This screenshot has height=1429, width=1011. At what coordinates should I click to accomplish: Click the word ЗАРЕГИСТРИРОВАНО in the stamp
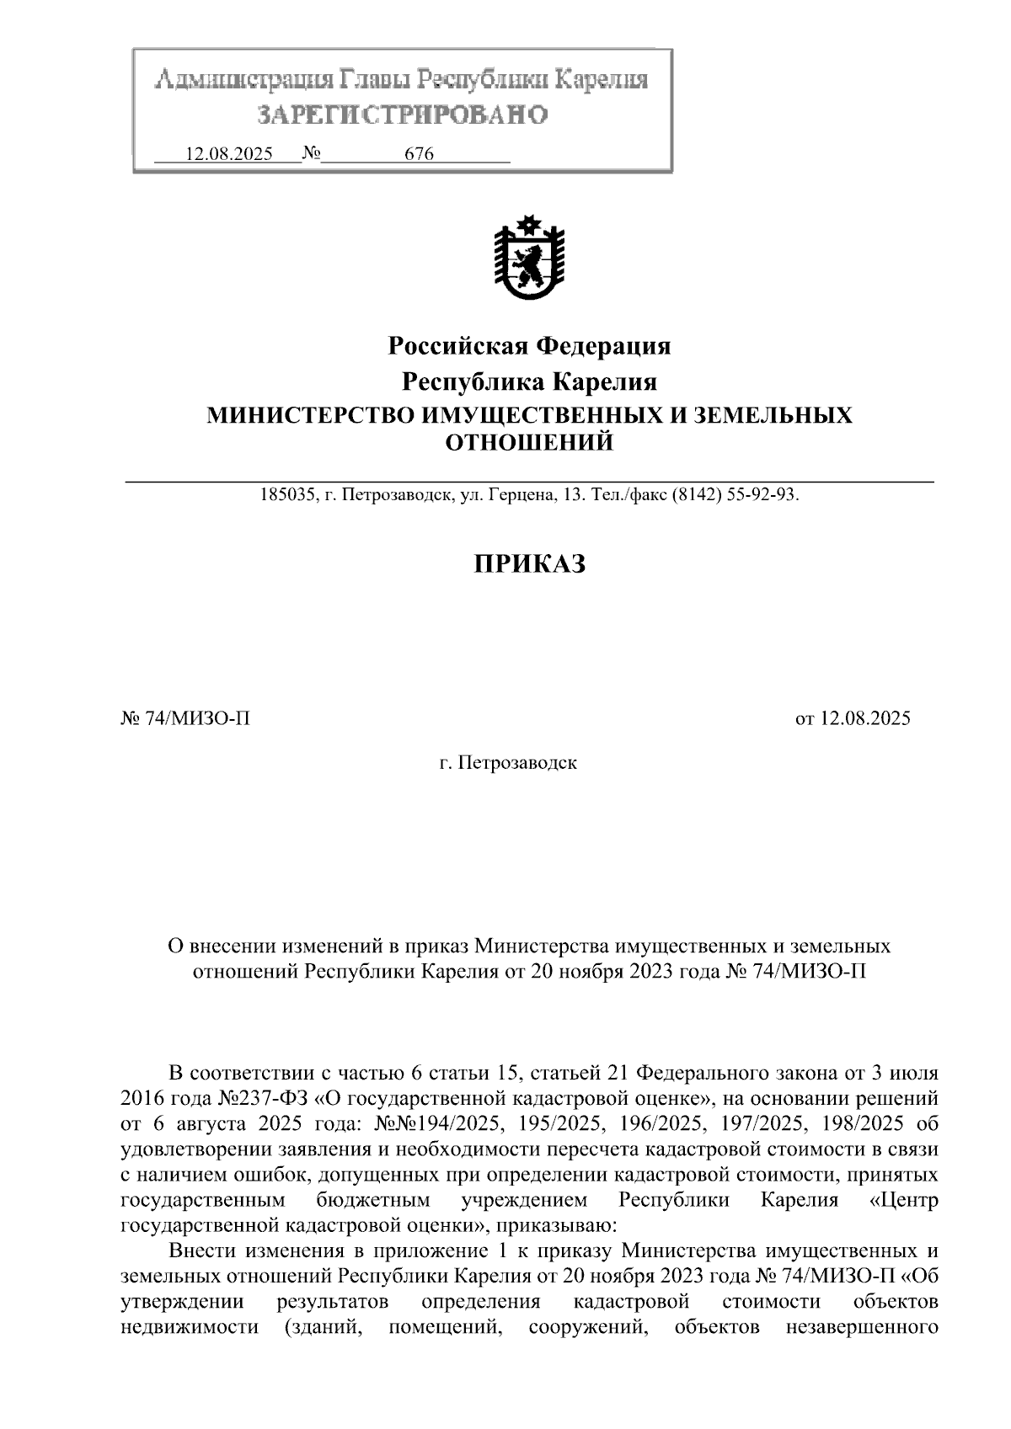(402, 115)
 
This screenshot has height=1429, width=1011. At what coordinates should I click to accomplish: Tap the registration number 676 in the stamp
(419, 155)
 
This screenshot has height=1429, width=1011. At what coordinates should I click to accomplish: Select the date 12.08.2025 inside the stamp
(228, 155)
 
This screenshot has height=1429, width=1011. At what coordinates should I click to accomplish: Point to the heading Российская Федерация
(528, 346)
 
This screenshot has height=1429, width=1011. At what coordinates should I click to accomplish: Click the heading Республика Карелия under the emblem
(528, 382)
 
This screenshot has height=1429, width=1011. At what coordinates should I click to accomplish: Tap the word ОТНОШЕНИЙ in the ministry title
(528, 442)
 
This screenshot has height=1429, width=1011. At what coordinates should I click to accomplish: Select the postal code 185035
(286, 495)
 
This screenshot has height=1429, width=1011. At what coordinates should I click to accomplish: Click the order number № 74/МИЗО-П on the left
(186, 718)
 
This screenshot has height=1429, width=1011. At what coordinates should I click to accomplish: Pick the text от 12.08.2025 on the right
(853, 718)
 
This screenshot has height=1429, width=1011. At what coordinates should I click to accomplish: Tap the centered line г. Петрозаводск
(508, 764)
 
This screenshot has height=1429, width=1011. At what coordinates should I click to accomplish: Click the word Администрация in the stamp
(243, 81)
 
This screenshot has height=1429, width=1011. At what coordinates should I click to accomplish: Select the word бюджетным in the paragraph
(373, 1199)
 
